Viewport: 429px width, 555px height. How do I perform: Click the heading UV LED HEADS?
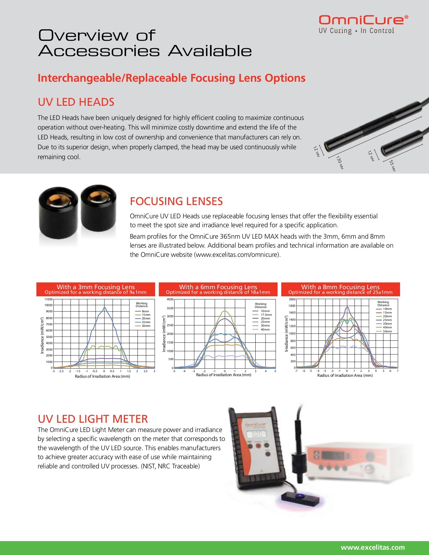click(x=76, y=102)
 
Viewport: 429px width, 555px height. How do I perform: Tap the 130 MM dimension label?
click(x=340, y=163)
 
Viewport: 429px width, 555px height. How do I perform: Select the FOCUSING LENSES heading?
click(x=176, y=201)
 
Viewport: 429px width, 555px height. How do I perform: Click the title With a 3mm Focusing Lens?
click(x=96, y=287)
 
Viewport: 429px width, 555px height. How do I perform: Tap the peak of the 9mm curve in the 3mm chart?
click(x=105, y=307)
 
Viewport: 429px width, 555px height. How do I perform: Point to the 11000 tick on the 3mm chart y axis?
click(x=49, y=299)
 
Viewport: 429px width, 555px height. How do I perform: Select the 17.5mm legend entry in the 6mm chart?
click(x=266, y=315)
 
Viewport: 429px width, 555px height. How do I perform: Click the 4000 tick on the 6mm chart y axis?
click(x=170, y=299)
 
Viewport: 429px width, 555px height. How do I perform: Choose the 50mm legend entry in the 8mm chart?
click(x=387, y=331)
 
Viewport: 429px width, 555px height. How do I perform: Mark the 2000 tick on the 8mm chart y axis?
click(x=292, y=299)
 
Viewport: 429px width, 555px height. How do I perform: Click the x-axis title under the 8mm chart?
click(x=345, y=376)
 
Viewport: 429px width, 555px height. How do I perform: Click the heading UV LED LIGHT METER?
click(x=93, y=419)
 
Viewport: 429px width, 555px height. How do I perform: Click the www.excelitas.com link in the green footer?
click(x=373, y=548)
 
